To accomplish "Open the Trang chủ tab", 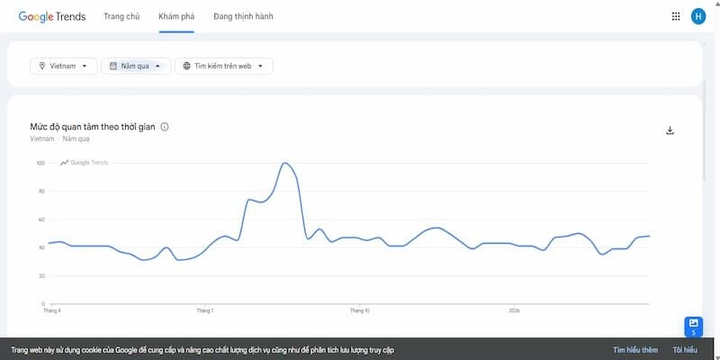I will [121, 16].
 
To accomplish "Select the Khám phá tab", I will [176, 16].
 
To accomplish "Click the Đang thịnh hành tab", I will [243, 16].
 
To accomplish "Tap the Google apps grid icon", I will [676, 16].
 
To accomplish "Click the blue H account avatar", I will [698, 16].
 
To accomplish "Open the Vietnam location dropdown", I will [64, 66].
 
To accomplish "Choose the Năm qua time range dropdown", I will [135, 66].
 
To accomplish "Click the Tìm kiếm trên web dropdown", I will [223, 66].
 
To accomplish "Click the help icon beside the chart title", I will [165, 127].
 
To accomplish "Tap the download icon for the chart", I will [670, 130].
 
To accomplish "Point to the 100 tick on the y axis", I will [40, 163].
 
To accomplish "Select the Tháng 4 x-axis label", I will [52, 310].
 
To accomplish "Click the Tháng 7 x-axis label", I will [205, 310].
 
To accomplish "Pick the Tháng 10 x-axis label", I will [359, 310].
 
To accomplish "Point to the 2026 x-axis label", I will [513, 310].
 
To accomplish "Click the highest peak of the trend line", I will [284, 163].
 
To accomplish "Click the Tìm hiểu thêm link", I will [635, 349].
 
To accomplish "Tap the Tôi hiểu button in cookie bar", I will [684, 349].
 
